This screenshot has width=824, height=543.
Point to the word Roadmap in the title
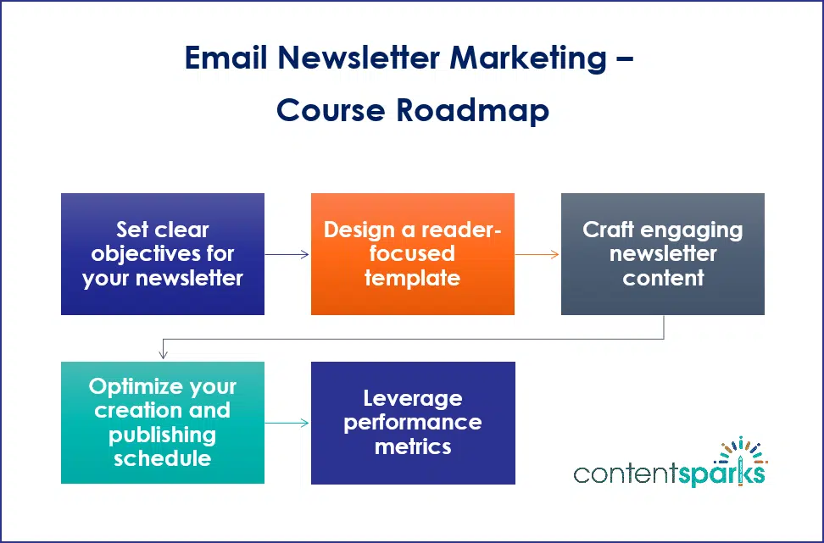pos(476,111)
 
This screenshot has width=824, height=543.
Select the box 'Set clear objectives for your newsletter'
pos(163,254)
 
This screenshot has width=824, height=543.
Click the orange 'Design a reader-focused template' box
pos(413,254)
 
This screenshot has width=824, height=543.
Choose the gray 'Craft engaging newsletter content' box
pos(663,254)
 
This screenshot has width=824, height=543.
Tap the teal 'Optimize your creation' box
pos(163,423)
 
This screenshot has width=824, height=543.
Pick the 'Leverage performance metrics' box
pos(413,423)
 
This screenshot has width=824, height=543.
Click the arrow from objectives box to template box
pos(287,253)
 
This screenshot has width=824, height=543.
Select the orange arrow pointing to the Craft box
pos(537,253)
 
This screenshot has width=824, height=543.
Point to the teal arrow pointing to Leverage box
pos(287,423)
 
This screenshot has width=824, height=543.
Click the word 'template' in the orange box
pos(412,278)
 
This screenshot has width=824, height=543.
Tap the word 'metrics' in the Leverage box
pos(412,446)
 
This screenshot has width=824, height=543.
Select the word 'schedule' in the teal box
pos(162,458)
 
